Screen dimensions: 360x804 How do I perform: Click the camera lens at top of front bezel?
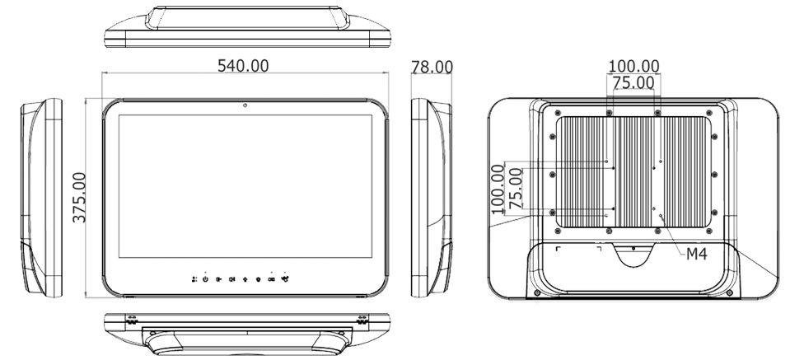pyautogui.click(x=245, y=105)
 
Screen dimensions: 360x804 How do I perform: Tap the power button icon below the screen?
pyautogui.click(x=205, y=278)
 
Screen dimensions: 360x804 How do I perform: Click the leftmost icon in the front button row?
pyautogui.click(x=192, y=278)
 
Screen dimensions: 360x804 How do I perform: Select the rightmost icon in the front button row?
pyautogui.click(x=285, y=278)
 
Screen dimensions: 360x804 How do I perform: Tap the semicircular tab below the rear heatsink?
pyautogui.click(x=632, y=255)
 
